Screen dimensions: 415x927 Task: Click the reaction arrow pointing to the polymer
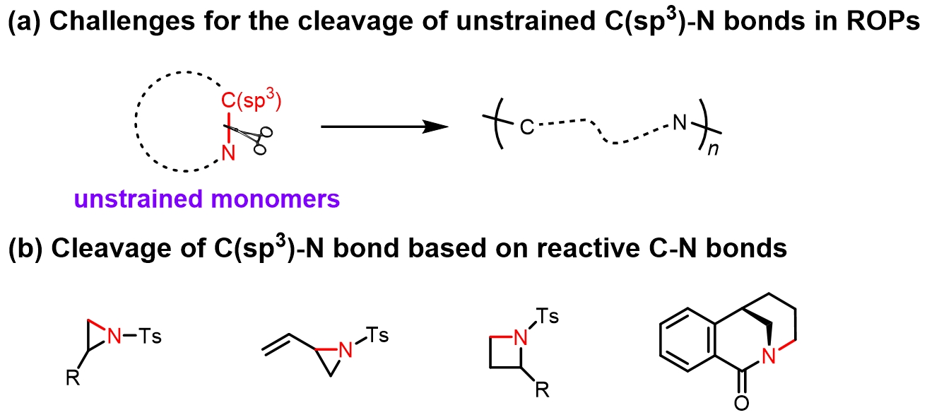pyautogui.click(x=385, y=127)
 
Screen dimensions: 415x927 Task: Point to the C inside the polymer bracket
pyautogui.click(x=526, y=129)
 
